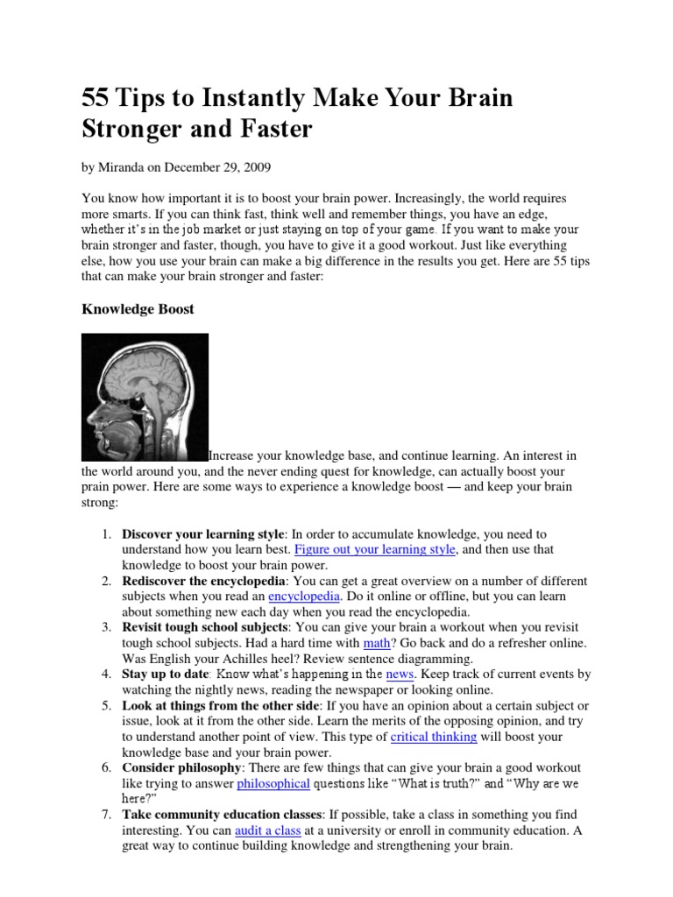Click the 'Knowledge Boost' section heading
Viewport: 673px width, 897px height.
pos(138,309)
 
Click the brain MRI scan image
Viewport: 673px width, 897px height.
pos(145,397)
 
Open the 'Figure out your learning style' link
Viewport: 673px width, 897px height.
pos(375,549)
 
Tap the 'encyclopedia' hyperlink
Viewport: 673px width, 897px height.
pos(304,597)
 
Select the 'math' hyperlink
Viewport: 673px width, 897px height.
pos(375,643)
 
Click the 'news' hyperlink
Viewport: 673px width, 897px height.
pos(400,675)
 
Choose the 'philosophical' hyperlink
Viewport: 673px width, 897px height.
pos(273,784)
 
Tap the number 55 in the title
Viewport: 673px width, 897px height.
pos(96,98)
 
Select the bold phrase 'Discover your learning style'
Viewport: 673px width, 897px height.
pos(203,533)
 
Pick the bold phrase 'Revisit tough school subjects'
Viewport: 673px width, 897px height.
pos(204,627)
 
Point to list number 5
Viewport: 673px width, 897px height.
pos(104,705)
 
